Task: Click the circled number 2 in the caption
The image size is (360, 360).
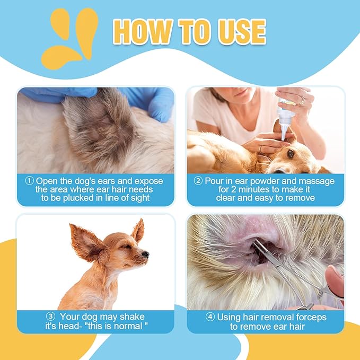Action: click(x=198, y=181)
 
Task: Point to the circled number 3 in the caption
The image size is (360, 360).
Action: click(x=50, y=317)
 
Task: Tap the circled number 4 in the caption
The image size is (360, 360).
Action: click(x=210, y=317)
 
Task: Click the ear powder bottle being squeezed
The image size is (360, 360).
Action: click(x=285, y=119)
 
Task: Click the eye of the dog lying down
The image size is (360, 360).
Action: click(x=291, y=153)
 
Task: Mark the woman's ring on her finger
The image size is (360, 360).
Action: click(x=302, y=100)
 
